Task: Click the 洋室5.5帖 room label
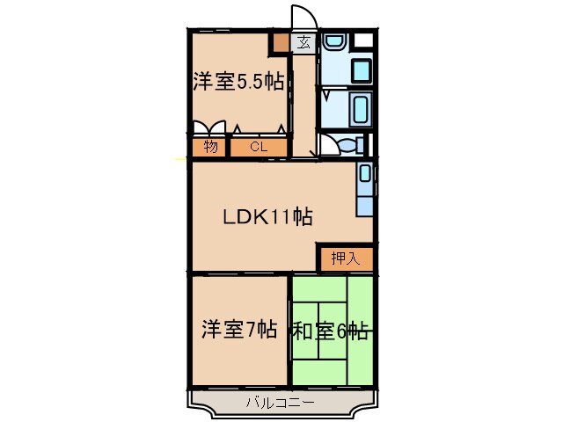click(238, 82)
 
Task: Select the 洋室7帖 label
click(239, 331)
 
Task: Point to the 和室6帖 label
click(330, 331)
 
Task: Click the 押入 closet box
click(346, 258)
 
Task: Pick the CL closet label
click(258, 147)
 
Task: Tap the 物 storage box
click(210, 147)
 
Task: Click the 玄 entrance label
click(303, 41)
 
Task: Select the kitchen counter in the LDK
click(365, 189)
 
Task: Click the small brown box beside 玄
click(280, 41)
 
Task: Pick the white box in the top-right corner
click(364, 40)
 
